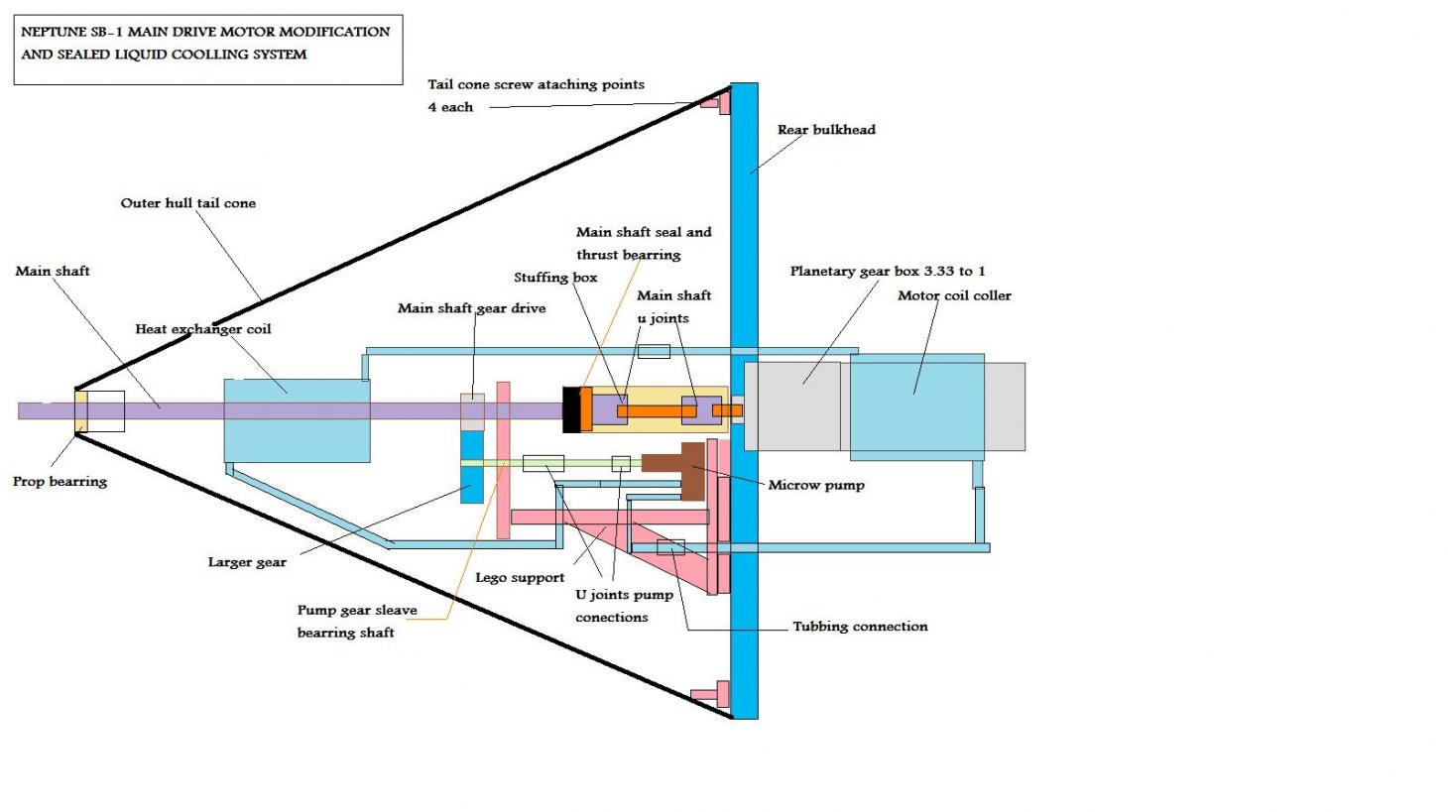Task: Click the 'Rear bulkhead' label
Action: [826, 130]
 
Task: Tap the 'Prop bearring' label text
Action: [60, 482]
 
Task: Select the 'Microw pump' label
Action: [816, 485]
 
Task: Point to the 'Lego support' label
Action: [520, 578]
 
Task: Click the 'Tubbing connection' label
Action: [860, 627]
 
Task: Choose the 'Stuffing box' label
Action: [555, 278]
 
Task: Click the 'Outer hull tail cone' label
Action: [188, 203]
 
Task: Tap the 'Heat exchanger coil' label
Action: [203, 329]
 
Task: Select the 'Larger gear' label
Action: [247, 562]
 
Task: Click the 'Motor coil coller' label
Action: [954, 295]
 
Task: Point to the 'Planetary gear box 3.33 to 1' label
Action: [888, 271]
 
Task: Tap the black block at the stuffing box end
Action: [570, 409]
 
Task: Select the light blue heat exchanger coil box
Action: [297, 420]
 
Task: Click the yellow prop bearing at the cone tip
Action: [81, 411]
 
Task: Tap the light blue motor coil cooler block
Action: [916, 406]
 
